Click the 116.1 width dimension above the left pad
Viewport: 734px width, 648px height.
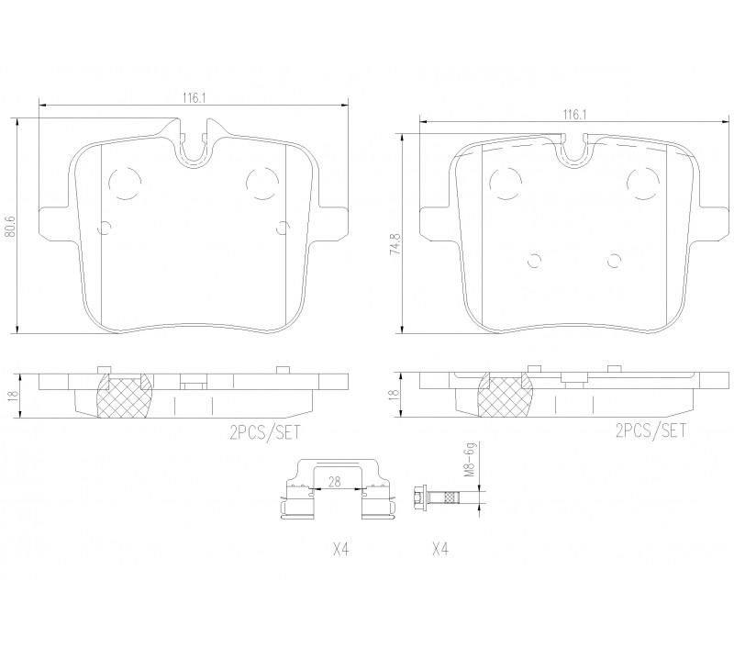(194, 98)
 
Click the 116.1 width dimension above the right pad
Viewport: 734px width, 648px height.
(575, 115)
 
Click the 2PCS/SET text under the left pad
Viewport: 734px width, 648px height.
(264, 431)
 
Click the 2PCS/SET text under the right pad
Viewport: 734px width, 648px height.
(651, 430)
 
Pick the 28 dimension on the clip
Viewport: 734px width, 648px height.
(335, 482)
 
